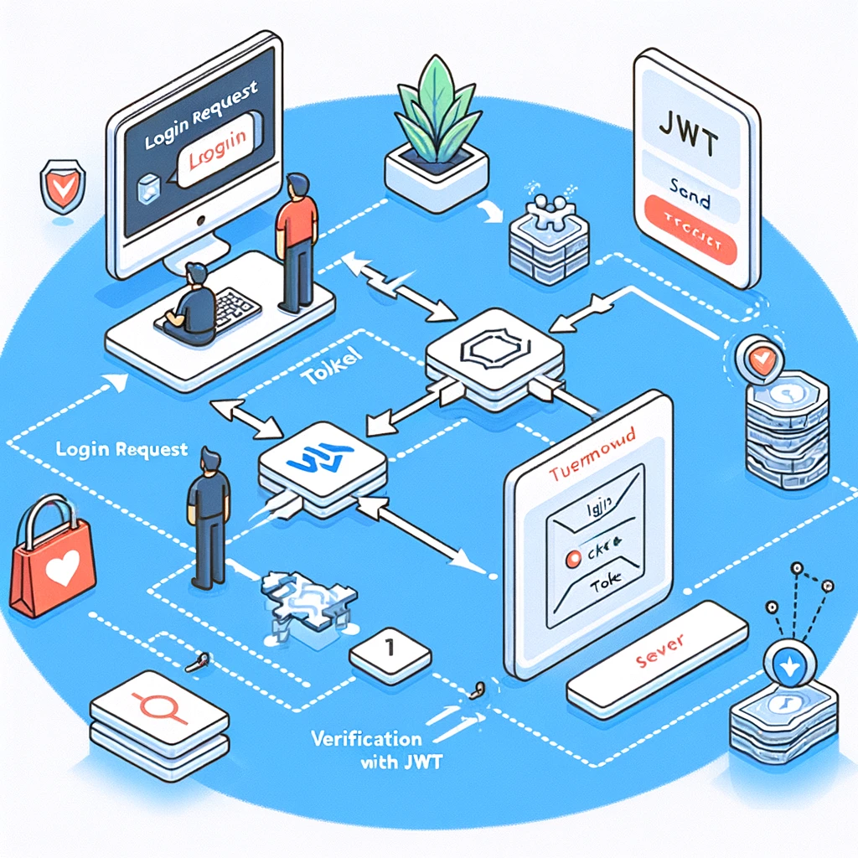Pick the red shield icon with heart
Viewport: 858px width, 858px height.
point(56,189)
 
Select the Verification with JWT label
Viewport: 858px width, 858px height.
point(366,751)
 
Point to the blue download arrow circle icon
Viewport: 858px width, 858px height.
point(788,665)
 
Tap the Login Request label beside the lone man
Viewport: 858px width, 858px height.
point(121,449)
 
